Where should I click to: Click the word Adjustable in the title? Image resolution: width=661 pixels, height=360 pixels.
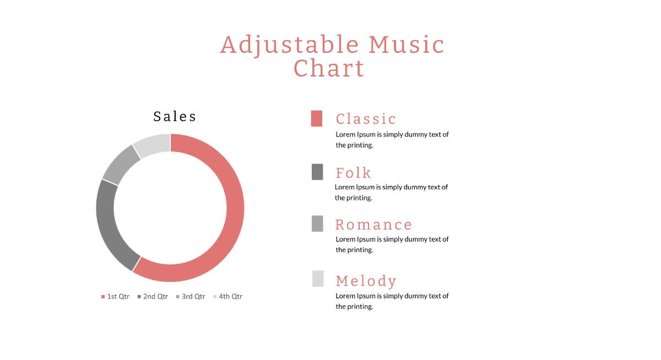pos(289,45)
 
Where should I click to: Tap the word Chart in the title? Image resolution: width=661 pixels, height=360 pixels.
pos(329,69)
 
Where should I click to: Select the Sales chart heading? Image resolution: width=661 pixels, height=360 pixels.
pos(175,117)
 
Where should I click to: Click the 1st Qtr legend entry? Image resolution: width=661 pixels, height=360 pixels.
pos(115,297)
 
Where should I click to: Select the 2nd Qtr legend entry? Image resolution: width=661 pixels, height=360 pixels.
pos(153,297)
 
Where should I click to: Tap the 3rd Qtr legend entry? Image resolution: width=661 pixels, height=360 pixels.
pos(191,297)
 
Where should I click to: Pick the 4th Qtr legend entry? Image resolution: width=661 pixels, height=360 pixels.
pos(227,297)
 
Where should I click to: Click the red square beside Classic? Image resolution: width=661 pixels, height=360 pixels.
pos(317,118)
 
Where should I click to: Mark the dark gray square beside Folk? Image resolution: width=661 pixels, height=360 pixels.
pos(317,172)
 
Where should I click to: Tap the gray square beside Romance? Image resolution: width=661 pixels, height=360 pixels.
pos(317,223)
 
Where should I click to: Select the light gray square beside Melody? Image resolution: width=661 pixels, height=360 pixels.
pos(318,279)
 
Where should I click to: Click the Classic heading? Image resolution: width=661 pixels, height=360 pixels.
pos(366,119)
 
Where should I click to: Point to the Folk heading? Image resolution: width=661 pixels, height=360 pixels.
pos(353,173)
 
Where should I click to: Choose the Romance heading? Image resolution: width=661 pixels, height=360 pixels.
pos(373,225)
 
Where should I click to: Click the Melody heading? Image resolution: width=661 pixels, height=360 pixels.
pos(366,281)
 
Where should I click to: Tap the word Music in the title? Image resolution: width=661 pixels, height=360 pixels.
pos(407,45)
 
